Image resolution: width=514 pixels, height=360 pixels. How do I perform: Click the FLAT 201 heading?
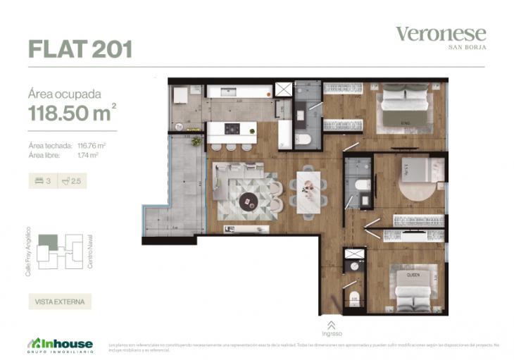point(80,49)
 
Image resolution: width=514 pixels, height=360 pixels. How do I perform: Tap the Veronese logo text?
point(440,34)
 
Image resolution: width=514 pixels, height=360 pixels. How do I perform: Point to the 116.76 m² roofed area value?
point(92,146)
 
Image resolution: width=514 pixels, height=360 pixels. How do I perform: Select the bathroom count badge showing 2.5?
point(71,181)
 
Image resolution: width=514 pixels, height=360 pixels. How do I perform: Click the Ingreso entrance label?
point(332,333)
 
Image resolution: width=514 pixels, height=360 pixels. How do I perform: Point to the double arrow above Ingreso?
point(332,324)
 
